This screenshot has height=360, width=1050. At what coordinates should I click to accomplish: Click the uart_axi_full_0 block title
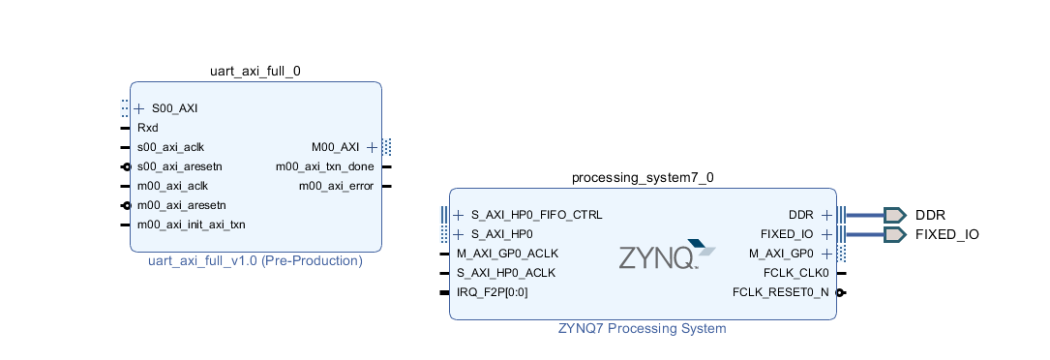point(255,71)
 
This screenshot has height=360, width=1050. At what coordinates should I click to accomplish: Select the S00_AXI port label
point(175,108)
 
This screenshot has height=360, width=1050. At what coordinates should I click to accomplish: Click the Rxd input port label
point(147,128)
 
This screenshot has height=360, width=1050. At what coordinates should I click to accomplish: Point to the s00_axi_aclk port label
point(170,147)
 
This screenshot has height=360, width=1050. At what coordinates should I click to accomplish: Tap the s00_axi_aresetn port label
point(179,166)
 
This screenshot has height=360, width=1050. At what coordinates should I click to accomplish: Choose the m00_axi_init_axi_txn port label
point(191,225)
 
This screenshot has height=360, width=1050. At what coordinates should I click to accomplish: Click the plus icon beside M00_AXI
point(372,147)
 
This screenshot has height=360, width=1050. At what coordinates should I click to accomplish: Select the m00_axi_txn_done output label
point(324,166)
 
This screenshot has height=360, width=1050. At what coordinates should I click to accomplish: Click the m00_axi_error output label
point(336,186)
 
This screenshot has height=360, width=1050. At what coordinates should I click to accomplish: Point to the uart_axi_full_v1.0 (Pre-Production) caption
point(255,261)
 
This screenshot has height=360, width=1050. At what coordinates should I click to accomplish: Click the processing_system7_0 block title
point(643,177)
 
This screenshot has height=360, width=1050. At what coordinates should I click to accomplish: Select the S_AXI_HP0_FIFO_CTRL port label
point(536,215)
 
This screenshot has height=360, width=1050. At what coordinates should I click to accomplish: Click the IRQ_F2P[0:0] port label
point(492,292)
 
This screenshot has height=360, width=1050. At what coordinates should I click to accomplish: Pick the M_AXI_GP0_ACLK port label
point(507,254)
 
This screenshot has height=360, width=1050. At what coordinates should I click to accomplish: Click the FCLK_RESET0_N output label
point(780,292)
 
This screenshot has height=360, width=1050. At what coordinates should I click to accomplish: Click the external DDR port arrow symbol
point(894,215)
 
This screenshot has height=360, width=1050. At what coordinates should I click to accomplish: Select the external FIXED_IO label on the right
point(947,234)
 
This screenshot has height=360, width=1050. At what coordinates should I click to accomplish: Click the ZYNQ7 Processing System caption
point(643,328)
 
